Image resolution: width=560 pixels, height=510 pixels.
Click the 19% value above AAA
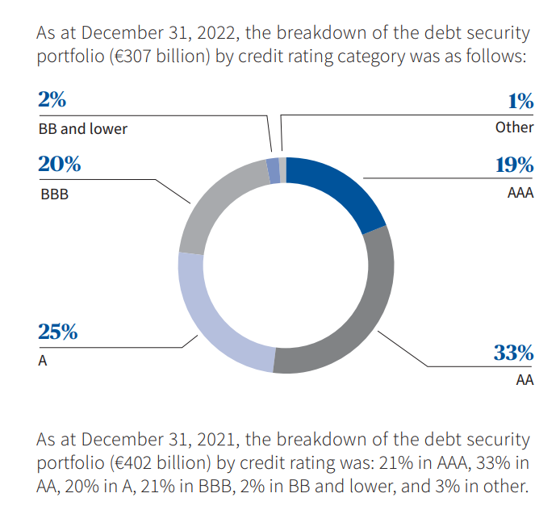(514, 165)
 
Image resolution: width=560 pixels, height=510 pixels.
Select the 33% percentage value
(513, 353)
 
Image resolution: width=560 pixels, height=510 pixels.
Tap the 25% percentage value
(58, 332)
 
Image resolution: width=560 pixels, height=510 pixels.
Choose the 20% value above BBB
(59, 164)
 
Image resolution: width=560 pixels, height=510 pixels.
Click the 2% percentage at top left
(52, 100)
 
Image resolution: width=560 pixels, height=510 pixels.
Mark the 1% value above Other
(520, 102)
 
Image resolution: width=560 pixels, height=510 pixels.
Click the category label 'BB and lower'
(82, 128)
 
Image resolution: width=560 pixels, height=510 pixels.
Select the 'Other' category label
(515, 127)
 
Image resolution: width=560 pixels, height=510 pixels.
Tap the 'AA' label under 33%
(524, 379)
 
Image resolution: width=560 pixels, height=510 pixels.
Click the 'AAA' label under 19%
(520, 194)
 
